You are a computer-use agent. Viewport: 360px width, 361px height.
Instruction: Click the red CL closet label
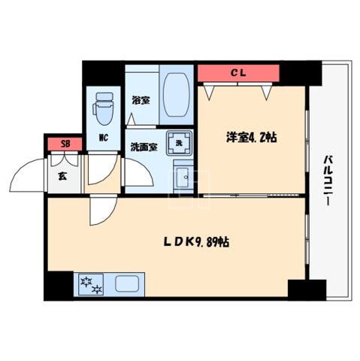point(238,73)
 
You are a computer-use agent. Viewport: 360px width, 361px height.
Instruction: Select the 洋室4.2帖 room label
point(252,138)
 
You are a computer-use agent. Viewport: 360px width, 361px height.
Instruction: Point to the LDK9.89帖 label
point(197,243)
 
